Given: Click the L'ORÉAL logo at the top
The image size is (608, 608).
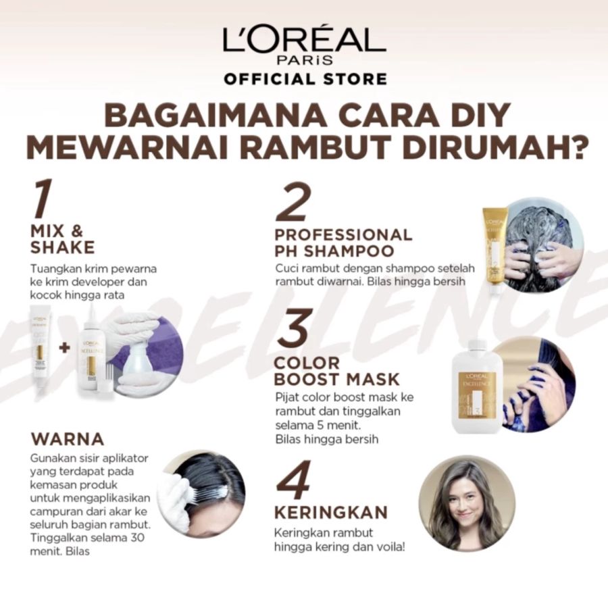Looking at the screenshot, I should pyautogui.click(x=304, y=42).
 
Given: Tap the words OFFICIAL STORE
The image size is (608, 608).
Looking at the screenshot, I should pyautogui.click(x=305, y=79).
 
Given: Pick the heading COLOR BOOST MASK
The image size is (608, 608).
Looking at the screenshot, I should pyautogui.click(x=337, y=371).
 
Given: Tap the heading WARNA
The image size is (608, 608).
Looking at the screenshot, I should pyautogui.click(x=68, y=439).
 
